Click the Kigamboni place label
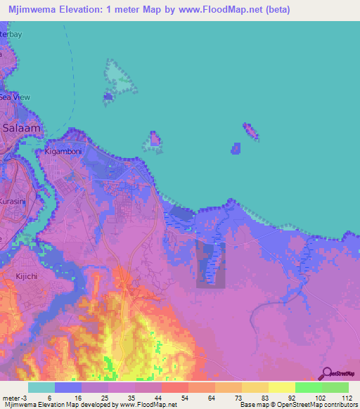pos(64,151)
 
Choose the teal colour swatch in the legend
pos(41,387)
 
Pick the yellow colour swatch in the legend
pos(281,387)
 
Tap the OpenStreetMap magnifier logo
pos(326,375)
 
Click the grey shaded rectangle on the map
pos(211,264)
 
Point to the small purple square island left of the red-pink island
pos(236,148)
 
